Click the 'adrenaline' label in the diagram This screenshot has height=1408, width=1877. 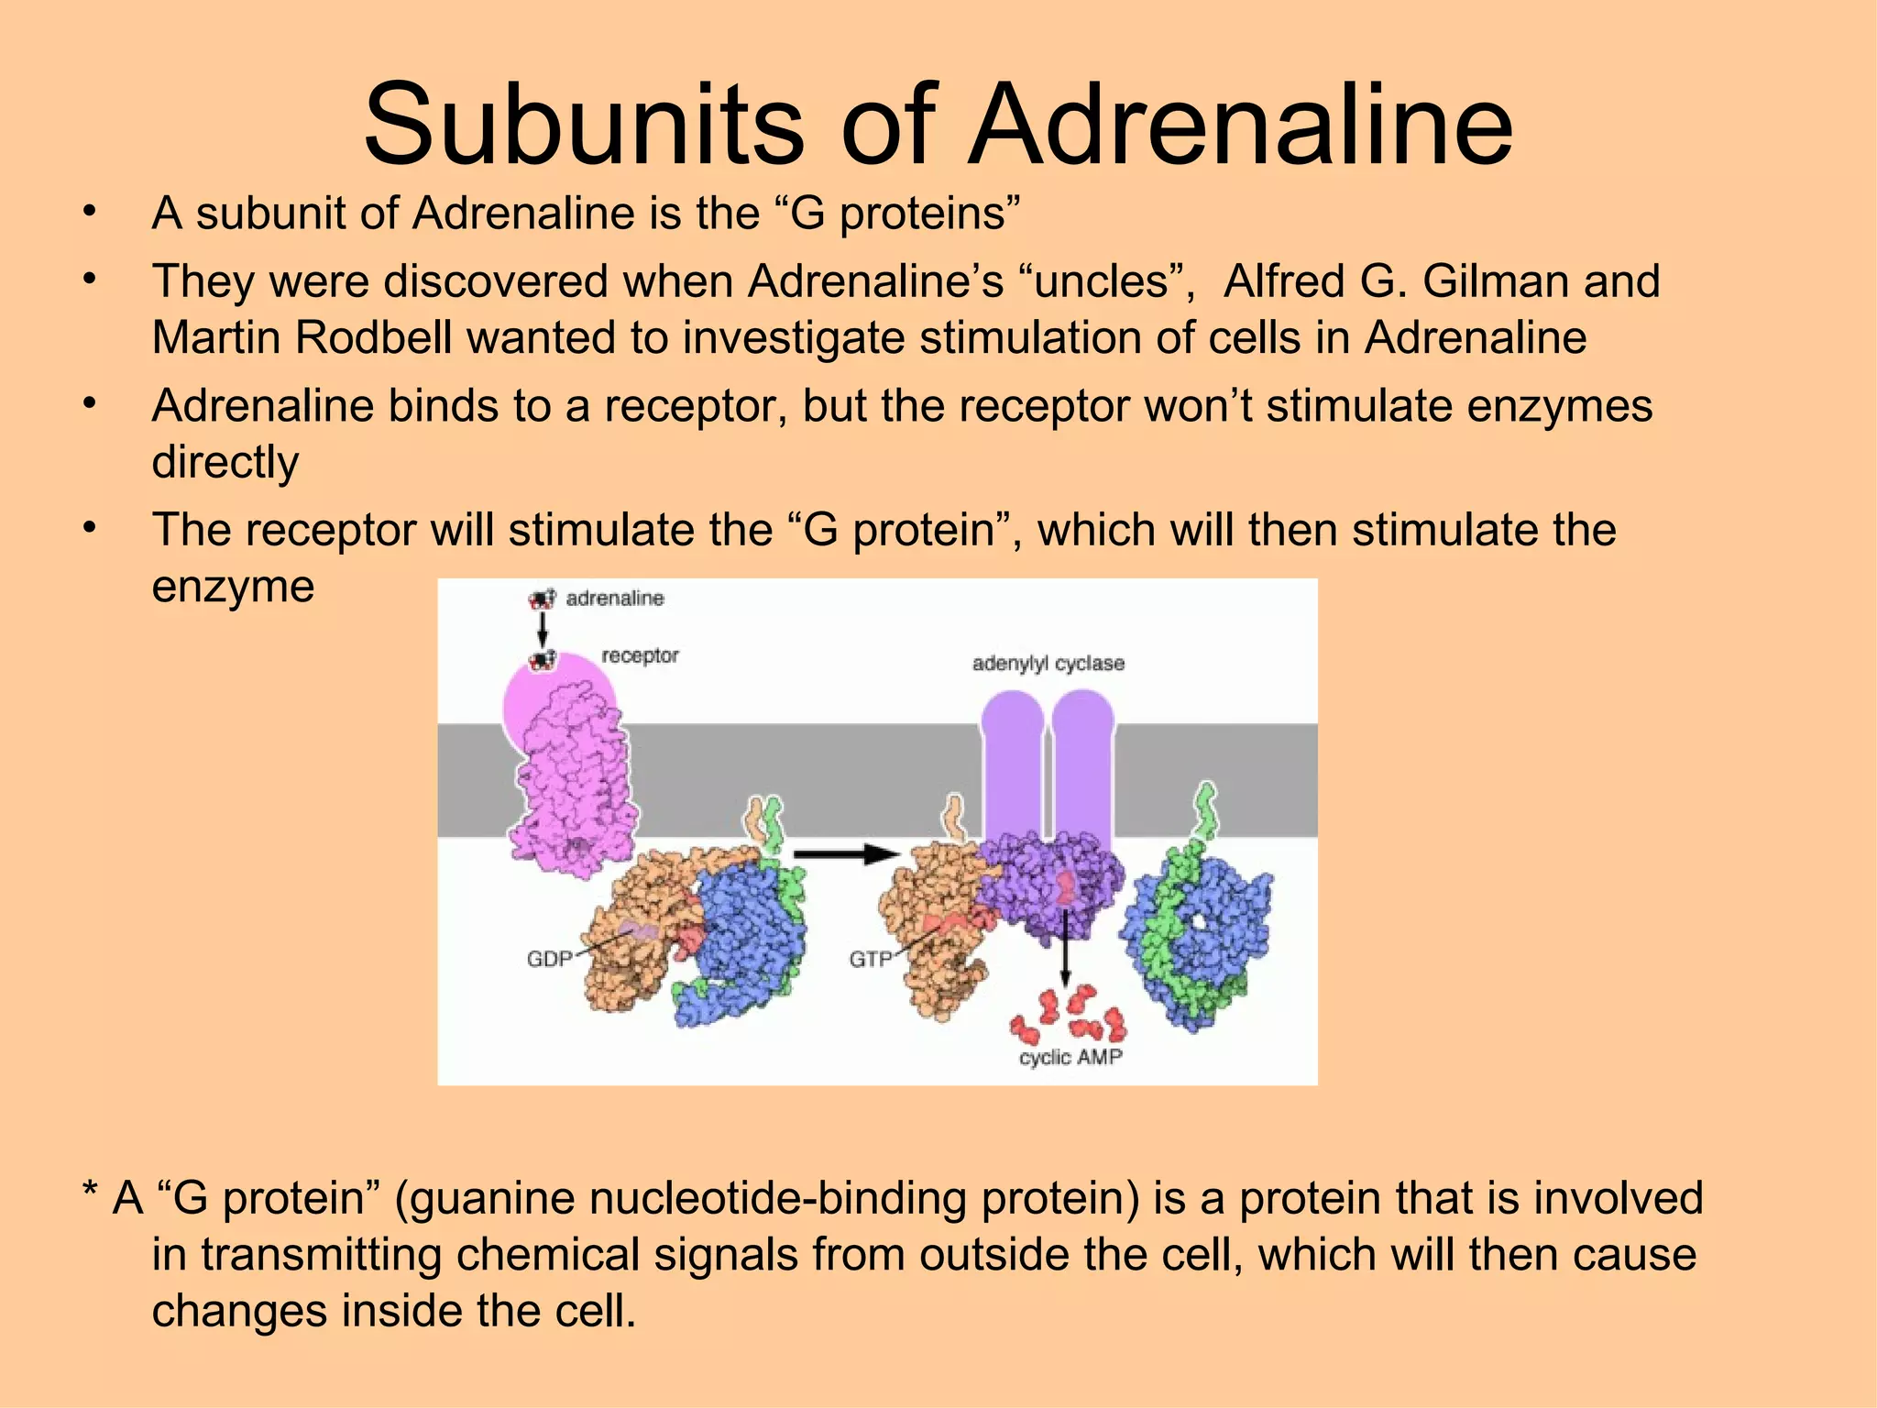614,599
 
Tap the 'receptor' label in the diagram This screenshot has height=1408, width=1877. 640,655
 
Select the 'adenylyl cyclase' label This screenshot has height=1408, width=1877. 1048,663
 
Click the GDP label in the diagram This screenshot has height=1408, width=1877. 549,959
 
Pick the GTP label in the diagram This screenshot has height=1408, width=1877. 870,959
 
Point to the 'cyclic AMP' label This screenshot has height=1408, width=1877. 1070,1057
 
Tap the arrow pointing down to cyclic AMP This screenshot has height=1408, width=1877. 1064,953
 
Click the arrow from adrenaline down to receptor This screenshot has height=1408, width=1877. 543,630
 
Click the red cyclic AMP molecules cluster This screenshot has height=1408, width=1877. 1068,1013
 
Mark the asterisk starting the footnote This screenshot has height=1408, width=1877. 90,1194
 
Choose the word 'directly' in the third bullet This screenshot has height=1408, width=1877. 225,462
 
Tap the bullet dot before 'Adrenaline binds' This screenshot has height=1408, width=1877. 88,404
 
